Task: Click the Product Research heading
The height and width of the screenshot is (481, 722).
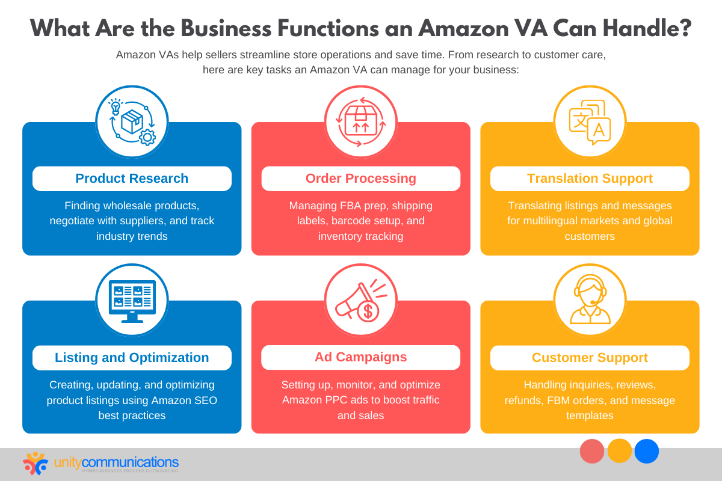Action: (132, 179)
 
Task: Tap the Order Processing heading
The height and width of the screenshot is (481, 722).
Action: (360, 179)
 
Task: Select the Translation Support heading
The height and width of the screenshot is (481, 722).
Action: (590, 179)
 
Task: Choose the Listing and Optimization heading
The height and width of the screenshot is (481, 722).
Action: (132, 358)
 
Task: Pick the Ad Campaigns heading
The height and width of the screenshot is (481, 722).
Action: (360, 357)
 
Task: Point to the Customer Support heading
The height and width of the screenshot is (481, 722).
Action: (590, 358)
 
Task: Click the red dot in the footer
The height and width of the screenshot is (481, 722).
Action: (592, 451)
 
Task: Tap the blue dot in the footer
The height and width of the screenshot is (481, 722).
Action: (647, 451)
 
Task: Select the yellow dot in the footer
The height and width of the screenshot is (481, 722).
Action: (620, 451)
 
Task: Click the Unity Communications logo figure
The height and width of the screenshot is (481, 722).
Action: (35, 463)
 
